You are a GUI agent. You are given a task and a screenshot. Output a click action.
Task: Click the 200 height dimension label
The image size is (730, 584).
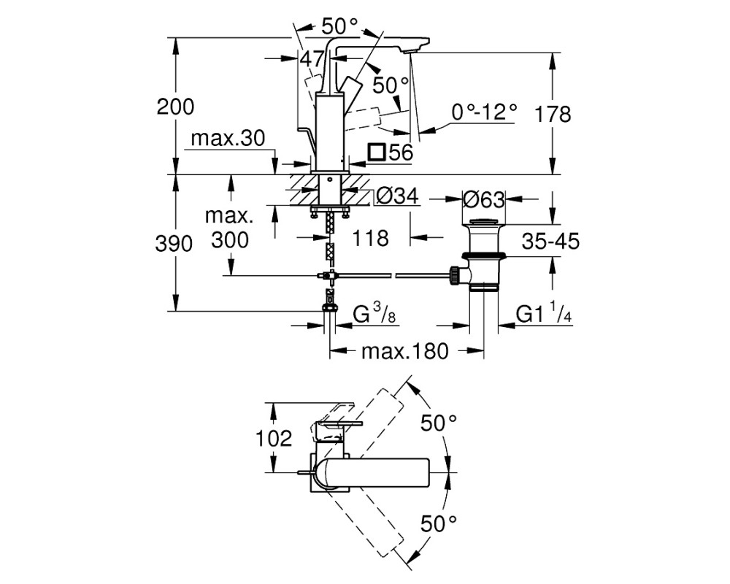pos(175,107)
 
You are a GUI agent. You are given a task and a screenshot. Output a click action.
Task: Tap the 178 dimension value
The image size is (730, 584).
pos(553,114)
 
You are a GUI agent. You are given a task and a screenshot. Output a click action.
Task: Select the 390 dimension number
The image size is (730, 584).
pos(174,244)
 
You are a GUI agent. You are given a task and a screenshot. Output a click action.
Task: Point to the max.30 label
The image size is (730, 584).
pos(228,138)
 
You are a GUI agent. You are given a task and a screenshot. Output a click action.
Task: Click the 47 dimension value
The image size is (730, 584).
pos(312,59)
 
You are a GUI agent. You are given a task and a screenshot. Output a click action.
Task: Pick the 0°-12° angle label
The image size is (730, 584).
pos(484,112)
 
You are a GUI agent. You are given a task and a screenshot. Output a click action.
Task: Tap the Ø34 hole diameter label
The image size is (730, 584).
pos(397,196)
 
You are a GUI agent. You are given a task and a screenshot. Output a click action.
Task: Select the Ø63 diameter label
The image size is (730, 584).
pos(484,200)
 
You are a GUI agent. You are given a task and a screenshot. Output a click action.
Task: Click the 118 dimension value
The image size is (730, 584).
pos(370,239)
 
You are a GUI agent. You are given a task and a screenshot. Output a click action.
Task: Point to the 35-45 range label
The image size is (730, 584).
pos(550,241)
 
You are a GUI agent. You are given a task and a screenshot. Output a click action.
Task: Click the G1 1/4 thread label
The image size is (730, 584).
pos(544,314)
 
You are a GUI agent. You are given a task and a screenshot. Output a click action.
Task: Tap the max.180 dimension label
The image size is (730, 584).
pos(404,351)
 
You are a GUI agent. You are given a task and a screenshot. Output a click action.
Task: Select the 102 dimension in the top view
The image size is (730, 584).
pos(274,438)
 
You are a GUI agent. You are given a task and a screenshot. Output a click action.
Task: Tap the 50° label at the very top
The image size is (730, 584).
pos(339,26)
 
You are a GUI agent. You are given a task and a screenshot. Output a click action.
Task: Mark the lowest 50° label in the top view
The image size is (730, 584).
pos(439,523)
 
